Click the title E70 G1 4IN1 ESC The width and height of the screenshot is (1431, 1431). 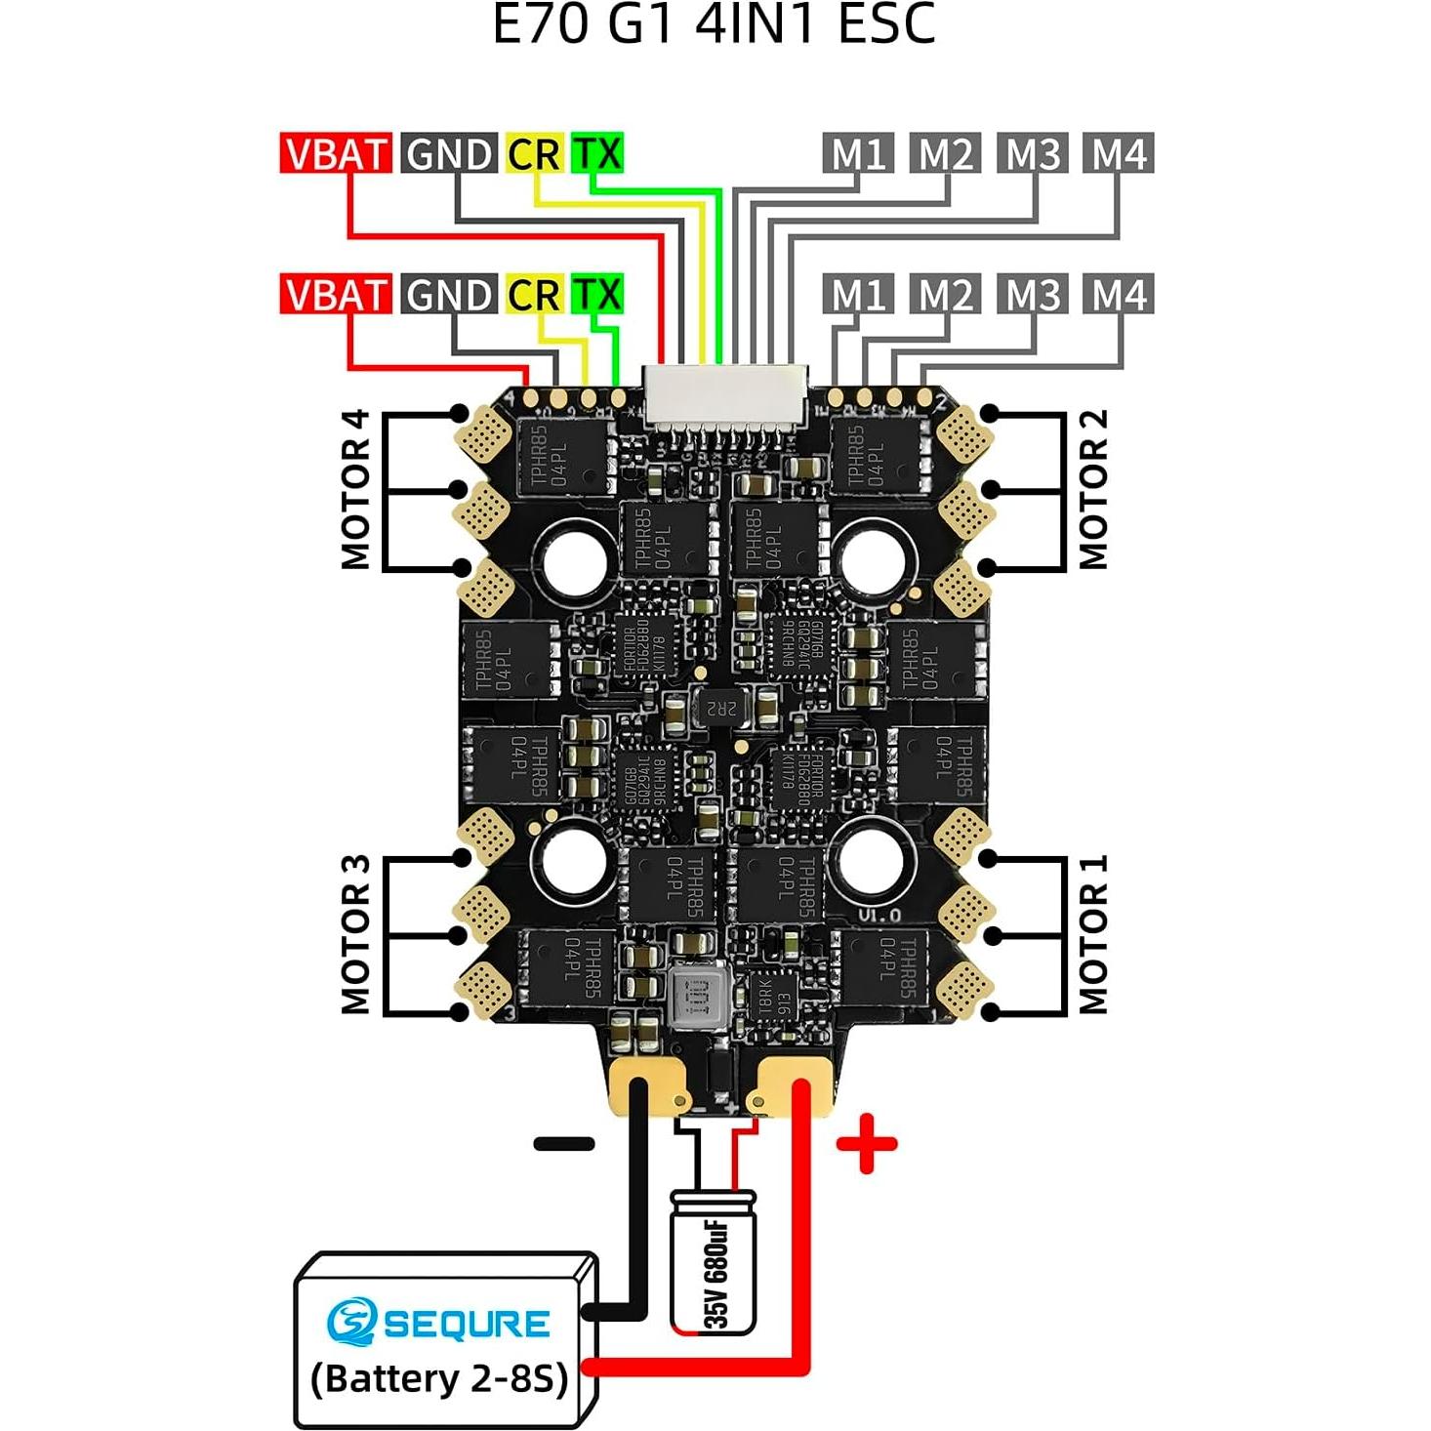coord(714,24)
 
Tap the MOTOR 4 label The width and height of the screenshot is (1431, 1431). coord(355,489)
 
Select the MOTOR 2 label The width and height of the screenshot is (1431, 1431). coord(1092,489)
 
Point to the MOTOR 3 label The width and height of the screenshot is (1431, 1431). coord(355,934)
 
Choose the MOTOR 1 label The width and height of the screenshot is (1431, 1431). coord(1092,934)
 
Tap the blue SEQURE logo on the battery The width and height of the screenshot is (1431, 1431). coord(438,1323)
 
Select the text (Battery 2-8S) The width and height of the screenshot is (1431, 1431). coord(439,1378)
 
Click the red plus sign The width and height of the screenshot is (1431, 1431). coord(866,1143)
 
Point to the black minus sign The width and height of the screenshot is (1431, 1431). coord(564,1144)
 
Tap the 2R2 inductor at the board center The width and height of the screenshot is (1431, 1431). coord(719,707)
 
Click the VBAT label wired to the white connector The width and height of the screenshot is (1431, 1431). coord(336,153)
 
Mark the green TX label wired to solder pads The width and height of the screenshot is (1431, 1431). coord(596,294)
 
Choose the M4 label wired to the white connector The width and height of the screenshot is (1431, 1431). coord(1118,153)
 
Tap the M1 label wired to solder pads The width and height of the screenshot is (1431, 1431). coord(858,294)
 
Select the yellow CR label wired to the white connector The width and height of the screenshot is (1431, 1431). coord(534,153)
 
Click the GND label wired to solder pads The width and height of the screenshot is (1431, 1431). coord(449,294)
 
